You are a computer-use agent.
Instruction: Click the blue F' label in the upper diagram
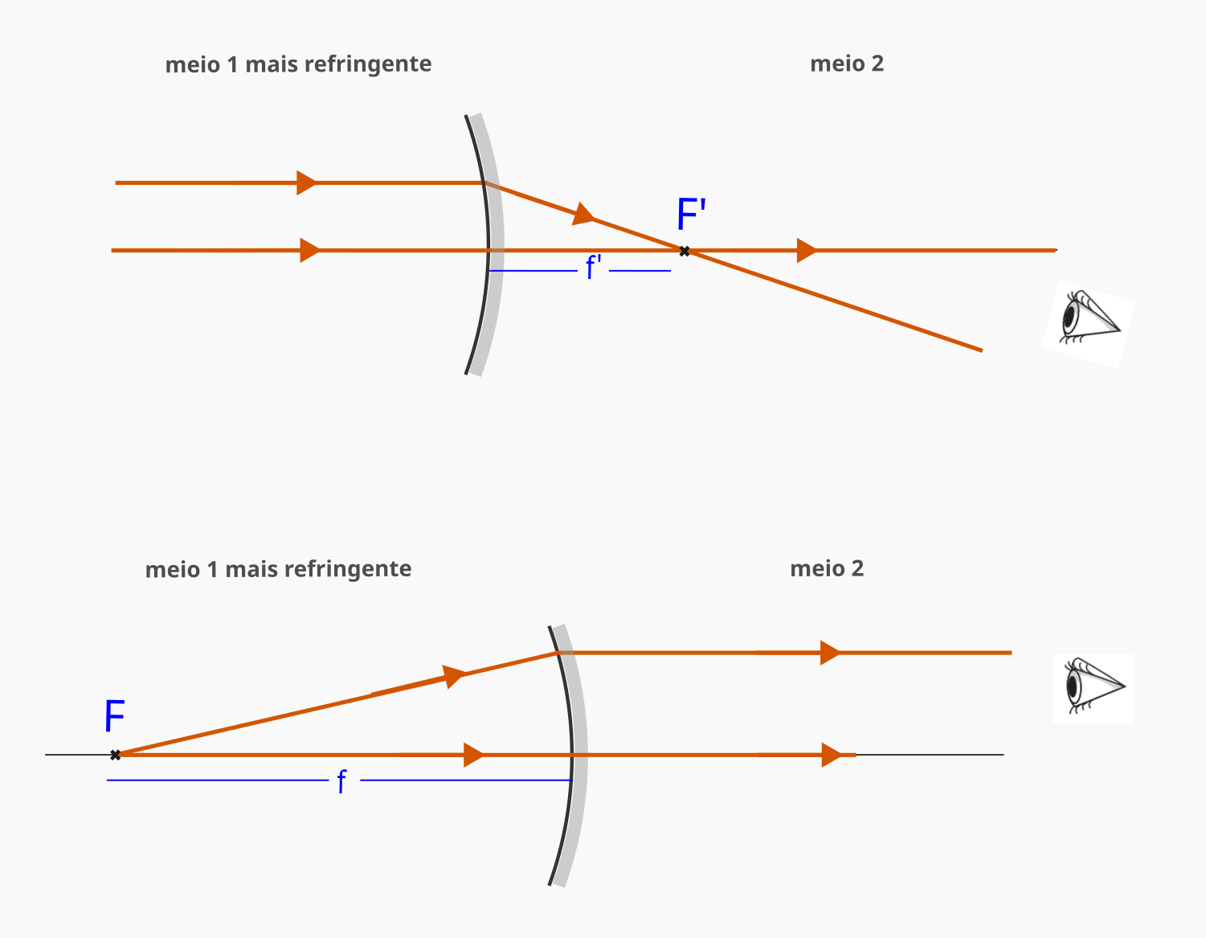click(x=691, y=214)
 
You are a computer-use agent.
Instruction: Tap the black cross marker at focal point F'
click(x=685, y=252)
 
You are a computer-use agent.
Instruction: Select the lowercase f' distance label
click(x=593, y=268)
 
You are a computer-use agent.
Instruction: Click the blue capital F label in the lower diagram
click(x=115, y=716)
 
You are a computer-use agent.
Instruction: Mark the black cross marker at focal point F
click(x=116, y=755)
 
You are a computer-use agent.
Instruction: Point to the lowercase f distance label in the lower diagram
click(x=342, y=781)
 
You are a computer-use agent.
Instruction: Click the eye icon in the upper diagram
click(x=1089, y=324)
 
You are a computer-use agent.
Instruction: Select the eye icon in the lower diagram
click(x=1093, y=688)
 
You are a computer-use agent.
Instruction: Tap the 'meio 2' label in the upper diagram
click(x=847, y=63)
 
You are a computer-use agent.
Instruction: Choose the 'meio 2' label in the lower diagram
click(x=827, y=568)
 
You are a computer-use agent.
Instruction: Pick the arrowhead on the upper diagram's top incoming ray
click(x=307, y=182)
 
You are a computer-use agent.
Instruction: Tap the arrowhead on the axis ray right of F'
click(x=807, y=250)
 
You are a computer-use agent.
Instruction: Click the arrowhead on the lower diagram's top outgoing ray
click(x=831, y=653)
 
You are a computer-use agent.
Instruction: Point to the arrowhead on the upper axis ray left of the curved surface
click(x=311, y=250)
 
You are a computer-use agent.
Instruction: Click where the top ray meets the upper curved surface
click(x=484, y=182)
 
